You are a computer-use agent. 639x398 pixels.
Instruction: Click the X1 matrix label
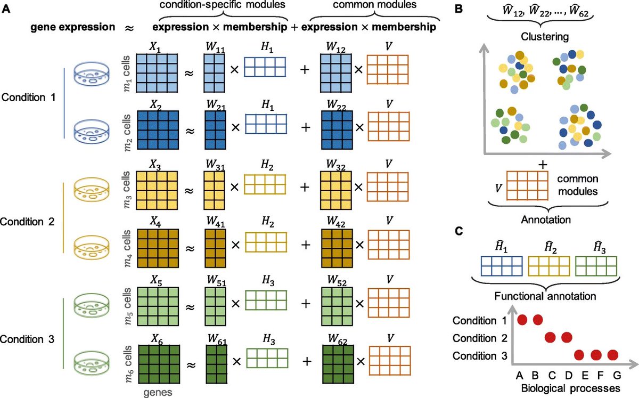(155, 47)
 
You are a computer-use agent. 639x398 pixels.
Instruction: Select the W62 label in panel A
(338, 339)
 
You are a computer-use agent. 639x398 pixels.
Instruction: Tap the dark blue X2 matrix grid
(158, 130)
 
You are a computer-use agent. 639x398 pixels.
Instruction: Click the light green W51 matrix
(215, 306)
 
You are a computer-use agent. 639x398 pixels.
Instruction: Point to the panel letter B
(458, 9)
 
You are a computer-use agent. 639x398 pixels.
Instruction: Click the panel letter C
(458, 231)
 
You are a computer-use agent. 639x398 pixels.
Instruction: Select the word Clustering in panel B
(545, 37)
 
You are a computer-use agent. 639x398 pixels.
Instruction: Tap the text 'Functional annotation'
(545, 296)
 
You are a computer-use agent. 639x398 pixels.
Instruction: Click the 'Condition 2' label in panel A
(27, 222)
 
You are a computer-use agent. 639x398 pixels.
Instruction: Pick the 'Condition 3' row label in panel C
(480, 356)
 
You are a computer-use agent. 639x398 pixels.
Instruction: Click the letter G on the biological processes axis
(617, 375)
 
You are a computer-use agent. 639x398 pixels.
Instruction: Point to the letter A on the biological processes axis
(520, 375)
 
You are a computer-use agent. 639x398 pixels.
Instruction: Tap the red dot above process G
(613, 355)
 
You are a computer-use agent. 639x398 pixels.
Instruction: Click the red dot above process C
(550, 338)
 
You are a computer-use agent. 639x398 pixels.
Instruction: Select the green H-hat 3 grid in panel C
(596, 266)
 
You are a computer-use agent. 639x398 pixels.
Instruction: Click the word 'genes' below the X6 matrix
(158, 392)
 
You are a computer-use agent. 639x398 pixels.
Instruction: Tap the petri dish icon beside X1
(92, 74)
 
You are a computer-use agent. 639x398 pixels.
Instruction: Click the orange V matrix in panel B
(527, 185)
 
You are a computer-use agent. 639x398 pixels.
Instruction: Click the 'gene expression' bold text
(73, 27)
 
